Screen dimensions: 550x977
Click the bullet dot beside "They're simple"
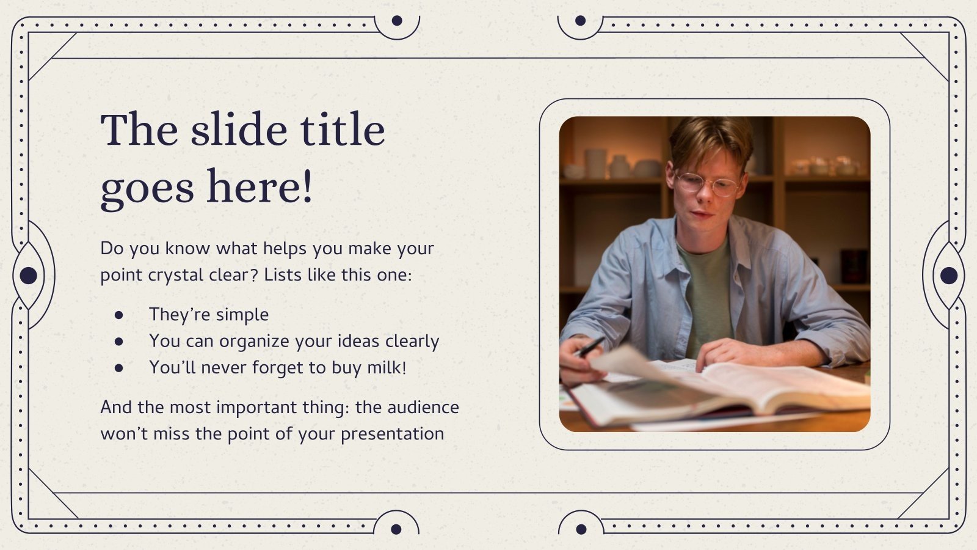tap(118, 315)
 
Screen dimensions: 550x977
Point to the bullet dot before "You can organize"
tap(118, 341)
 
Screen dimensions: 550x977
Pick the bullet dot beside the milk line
tap(118, 368)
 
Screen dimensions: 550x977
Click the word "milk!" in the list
tap(387, 367)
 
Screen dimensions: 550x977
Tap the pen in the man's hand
tap(589, 347)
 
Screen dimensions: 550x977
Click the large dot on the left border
tap(28, 276)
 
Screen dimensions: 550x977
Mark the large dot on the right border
tap(948, 276)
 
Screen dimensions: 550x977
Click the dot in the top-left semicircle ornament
tap(397, 21)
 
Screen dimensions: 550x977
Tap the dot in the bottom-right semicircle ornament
tap(581, 529)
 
